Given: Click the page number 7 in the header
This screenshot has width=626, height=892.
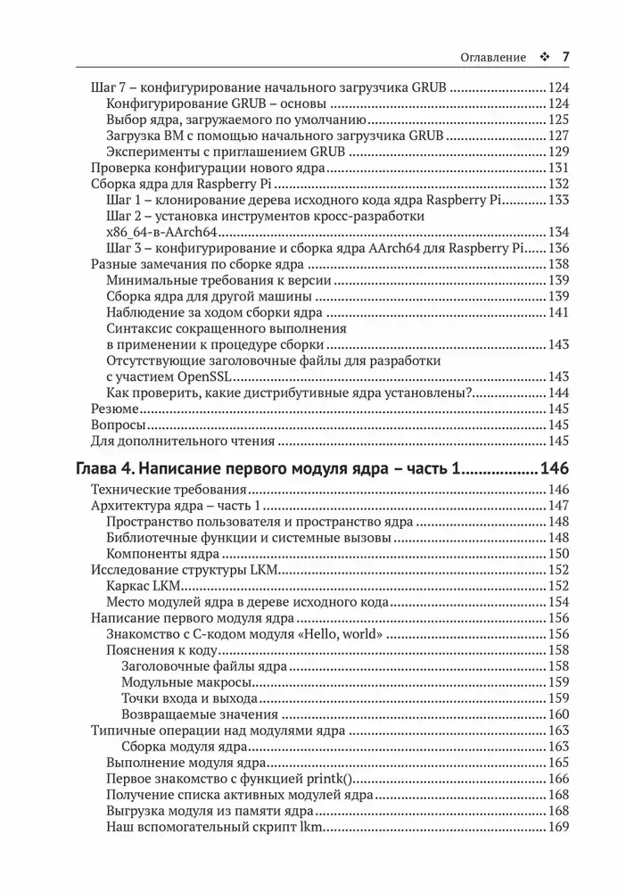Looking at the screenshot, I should pyautogui.click(x=564, y=56).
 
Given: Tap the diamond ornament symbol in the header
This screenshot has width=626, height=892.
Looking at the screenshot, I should pyautogui.click(x=544, y=57).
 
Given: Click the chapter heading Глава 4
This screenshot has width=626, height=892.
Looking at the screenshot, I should pyautogui.click(x=268, y=469).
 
